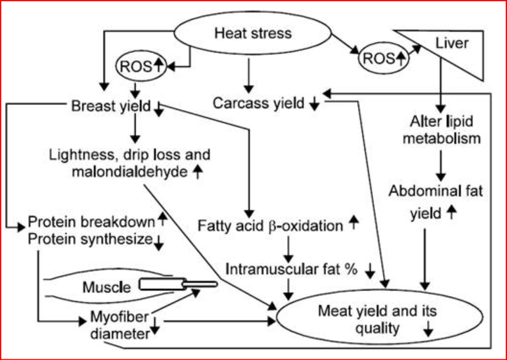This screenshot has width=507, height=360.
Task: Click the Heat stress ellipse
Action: coord(253,33)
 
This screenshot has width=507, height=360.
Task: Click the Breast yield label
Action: coord(112,106)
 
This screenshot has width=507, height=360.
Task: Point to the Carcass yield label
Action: coord(260,103)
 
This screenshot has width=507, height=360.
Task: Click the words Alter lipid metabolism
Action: coord(442,130)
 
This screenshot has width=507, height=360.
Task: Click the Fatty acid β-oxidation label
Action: coord(271,224)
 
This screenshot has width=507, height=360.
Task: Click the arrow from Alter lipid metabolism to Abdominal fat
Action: coord(441,165)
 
